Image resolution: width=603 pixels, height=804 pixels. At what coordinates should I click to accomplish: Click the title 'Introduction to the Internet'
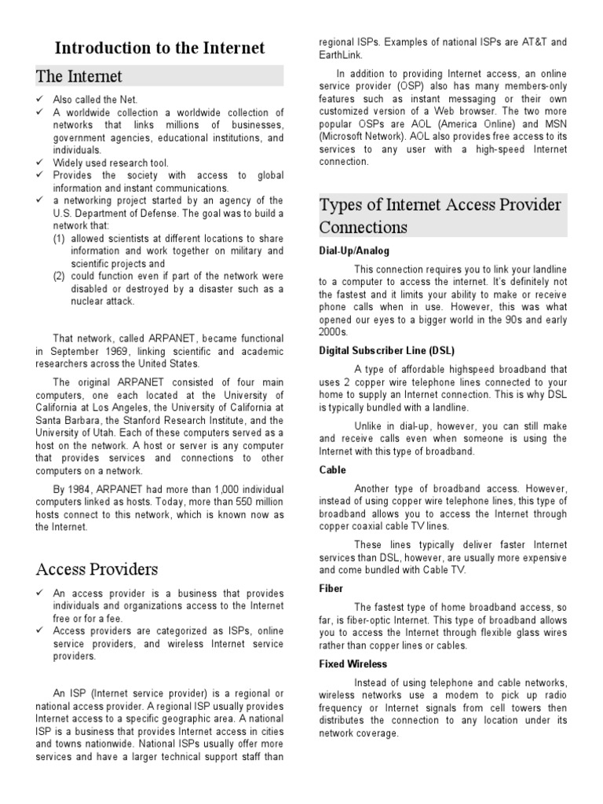(159, 49)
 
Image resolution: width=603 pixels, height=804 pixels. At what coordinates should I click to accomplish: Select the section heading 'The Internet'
(79, 76)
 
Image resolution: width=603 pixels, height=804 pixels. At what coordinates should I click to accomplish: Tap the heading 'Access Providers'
(97, 568)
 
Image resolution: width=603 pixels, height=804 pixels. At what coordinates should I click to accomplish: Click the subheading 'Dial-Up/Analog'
(354, 251)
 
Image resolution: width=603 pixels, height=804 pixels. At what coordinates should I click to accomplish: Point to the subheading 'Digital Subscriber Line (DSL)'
(386, 351)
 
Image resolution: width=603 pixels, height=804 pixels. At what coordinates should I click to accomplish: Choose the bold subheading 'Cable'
(333, 469)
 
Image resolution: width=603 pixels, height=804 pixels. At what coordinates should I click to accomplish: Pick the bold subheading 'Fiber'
(331, 587)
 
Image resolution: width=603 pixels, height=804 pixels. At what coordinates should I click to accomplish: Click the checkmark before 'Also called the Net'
(40, 100)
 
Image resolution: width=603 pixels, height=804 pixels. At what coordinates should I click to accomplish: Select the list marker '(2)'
(60, 276)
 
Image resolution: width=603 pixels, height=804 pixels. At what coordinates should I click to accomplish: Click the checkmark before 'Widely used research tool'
(40, 163)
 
